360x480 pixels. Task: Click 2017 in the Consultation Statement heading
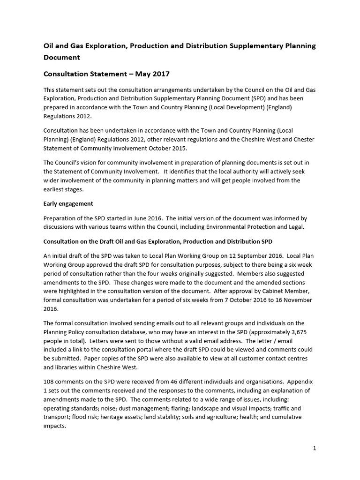click(x=160, y=74)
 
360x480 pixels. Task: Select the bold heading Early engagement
click(x=68, y=203)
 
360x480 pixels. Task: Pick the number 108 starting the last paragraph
click(x=49, y=382)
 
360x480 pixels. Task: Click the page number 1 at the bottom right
click(x=315, y=448)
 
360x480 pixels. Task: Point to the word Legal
click(x=296, y=227)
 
